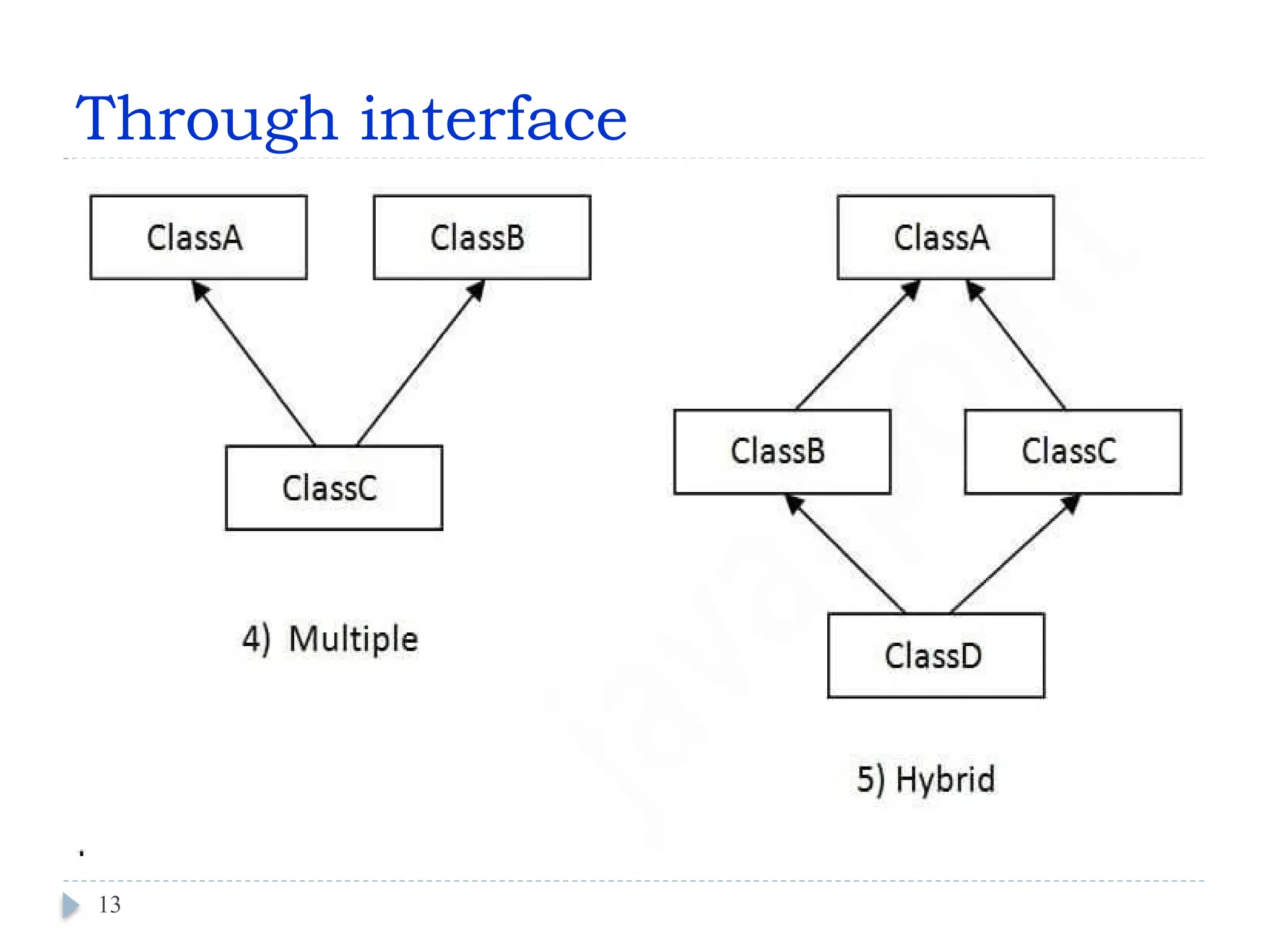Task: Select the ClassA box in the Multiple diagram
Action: coord(198,238)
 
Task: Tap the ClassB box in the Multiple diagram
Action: coord(482,238)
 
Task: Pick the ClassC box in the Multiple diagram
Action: coord(334,488)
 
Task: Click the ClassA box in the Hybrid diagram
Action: coord(945,238)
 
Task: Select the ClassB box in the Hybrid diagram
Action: coord(781,451)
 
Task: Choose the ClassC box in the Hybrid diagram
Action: coord(1072,451)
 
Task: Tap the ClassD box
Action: coord(936,656)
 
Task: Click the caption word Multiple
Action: coord(353,639)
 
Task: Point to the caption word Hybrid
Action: coord(945,779)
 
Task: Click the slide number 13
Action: coord(110,905)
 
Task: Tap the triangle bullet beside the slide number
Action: coord(71,905)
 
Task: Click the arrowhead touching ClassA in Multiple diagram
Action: coord(199,290)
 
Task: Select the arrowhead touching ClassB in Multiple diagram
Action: coord(476,290)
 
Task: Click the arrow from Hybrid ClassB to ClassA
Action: coord(858,345)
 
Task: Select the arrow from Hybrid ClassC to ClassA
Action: coord(1015,345)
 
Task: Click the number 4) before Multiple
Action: coord(256,639)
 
